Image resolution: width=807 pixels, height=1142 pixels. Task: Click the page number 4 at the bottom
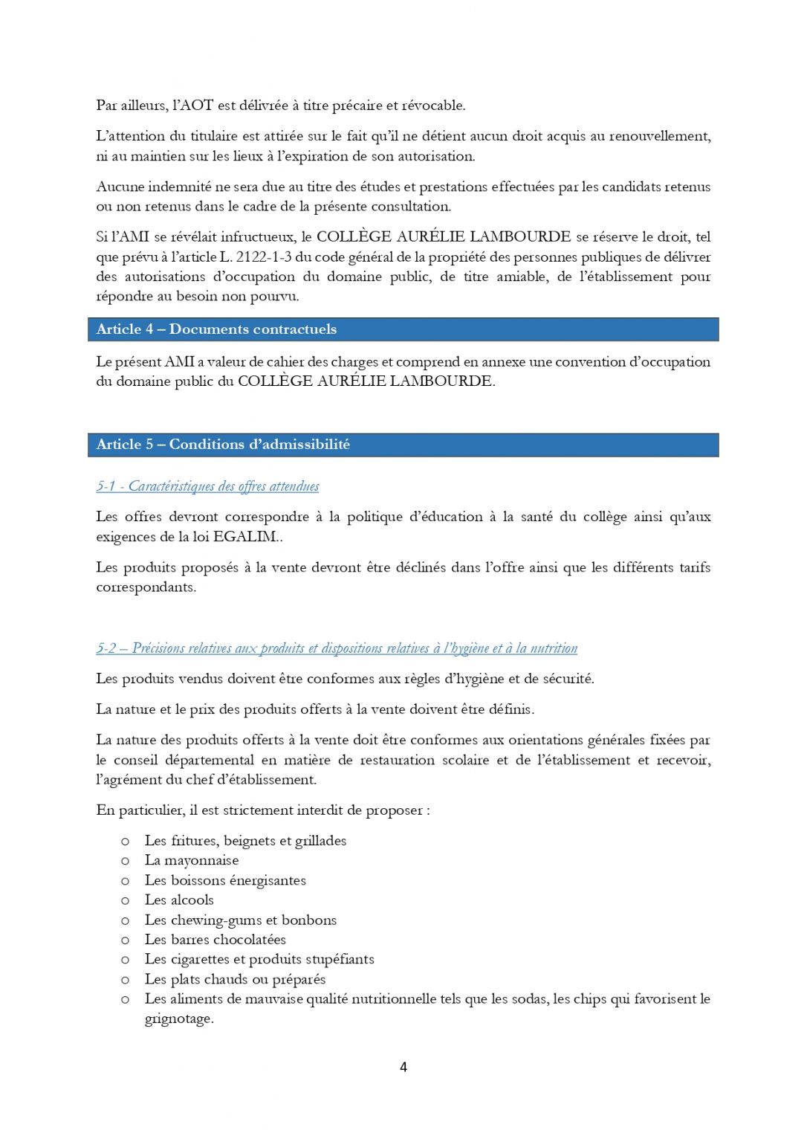[x=403, y=1067]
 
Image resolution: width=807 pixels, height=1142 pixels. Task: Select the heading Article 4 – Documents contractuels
[x=216, y=329]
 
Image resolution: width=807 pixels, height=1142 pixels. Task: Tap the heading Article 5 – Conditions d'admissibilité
[x=223, y=445]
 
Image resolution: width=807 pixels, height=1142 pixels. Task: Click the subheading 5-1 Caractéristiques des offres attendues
[x=207, y=486]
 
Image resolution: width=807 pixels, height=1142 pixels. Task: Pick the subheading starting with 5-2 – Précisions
[x=337, y=648]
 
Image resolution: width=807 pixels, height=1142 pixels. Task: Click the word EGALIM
[x=244, y=537]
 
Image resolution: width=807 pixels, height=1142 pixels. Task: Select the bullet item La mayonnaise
[x=192, y=860]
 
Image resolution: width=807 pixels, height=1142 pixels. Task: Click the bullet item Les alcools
[x=179, y=900]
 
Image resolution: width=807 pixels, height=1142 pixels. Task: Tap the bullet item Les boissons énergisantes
[x=225, y=880]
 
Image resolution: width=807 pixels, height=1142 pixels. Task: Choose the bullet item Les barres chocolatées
[x=215, y=940]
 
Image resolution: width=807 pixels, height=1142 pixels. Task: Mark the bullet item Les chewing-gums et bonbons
[x=240, y=920]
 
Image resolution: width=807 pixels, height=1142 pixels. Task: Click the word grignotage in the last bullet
[x=178, y=1019]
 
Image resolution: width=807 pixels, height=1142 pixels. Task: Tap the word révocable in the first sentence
[x=433, y=106]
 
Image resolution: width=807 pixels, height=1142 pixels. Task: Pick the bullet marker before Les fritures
[x=126, y=841]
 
